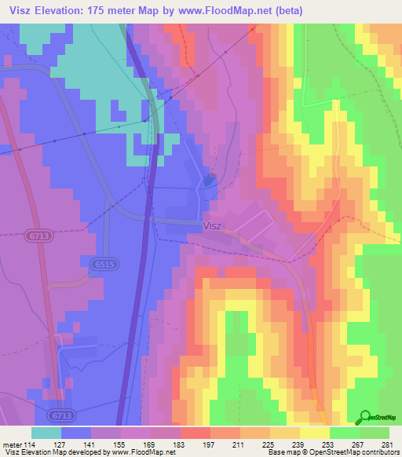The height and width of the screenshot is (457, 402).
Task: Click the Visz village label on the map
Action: click(x=212, y=225)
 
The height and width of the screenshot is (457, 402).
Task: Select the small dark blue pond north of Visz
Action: click(x=208, y=180)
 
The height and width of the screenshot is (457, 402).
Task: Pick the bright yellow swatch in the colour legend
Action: click(x=314, y=433)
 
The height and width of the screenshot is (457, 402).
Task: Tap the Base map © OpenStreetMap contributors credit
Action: click(x=331, y=453)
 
